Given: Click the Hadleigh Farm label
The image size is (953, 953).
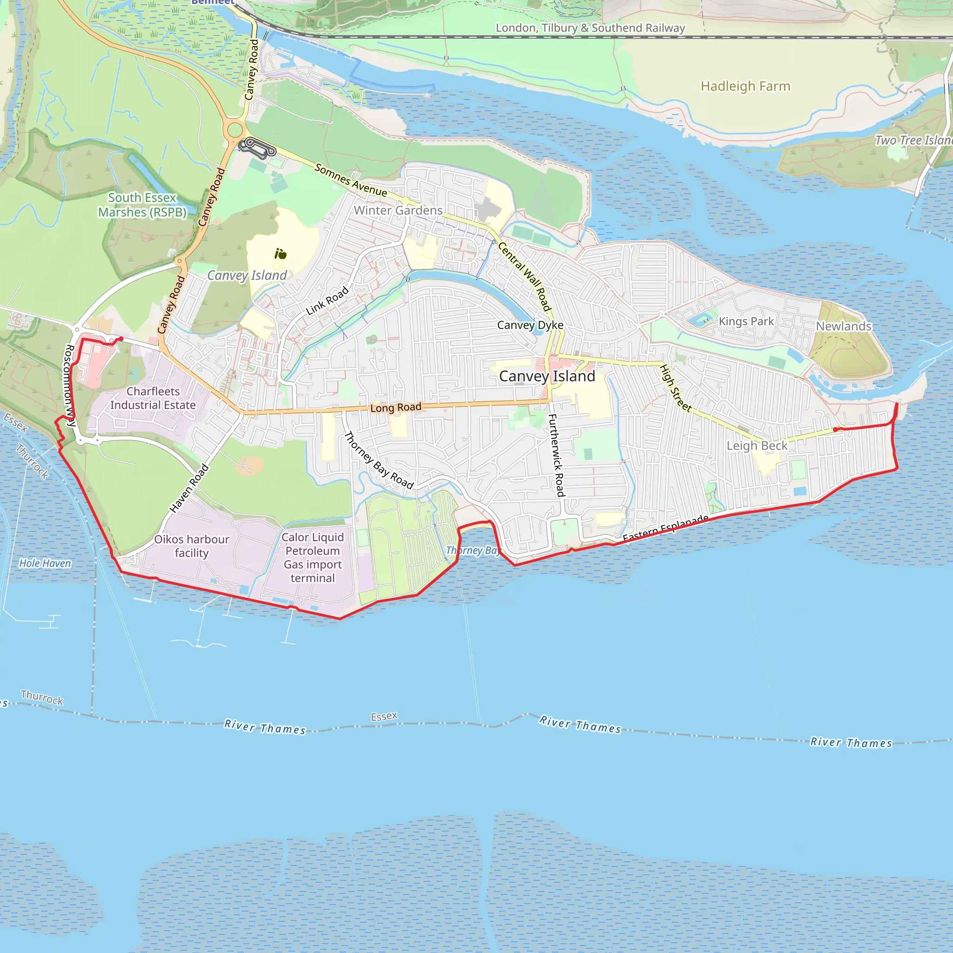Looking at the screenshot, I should tap(745, 87).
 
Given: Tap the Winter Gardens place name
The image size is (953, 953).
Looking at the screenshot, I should tap(398, 210).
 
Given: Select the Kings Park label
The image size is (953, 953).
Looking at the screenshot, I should tap(746, 322).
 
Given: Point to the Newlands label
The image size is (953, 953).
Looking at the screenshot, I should tap(844, 326).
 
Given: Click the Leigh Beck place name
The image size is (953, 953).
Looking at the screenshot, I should tap(757, 446).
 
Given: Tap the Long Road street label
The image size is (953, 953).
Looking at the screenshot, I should tap(396, 408).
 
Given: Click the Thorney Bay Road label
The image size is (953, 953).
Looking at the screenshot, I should tap(378, 460).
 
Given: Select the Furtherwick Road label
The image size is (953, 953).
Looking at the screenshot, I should tap(557, 455).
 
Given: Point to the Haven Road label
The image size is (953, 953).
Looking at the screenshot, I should tap(189, 488).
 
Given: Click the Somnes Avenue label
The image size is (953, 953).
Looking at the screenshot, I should tap(351, 180).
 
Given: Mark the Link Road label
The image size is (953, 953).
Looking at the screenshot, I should tap(327, 301).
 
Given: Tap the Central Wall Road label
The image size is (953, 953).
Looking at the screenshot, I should tap(524, 276).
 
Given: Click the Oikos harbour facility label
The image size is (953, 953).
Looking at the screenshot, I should tap(191, 546).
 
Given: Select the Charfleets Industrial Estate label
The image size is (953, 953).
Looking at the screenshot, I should tap(153, 398).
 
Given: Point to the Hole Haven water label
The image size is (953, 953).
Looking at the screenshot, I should tap(45, 564).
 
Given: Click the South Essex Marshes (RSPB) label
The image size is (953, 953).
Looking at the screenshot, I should tap(142, 205).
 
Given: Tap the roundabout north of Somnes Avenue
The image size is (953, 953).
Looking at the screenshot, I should tap(235, 130).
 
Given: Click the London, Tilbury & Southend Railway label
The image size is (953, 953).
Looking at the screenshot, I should tap(590, 28).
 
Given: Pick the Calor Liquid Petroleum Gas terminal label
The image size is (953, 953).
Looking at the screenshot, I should tap(312, 557).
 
